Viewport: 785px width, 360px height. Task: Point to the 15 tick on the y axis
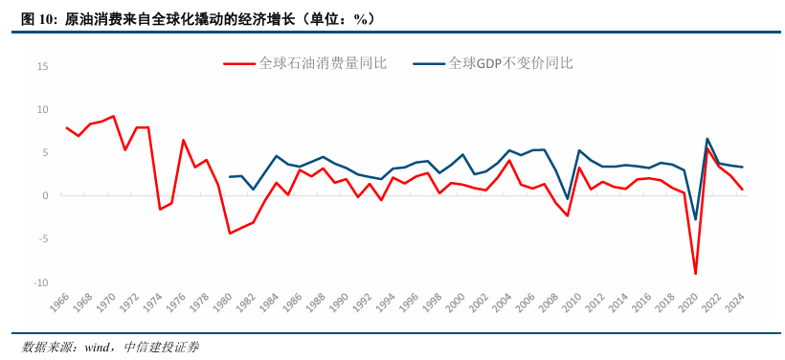pos(42,66)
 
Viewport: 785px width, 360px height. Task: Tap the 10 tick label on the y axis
pos(42,109)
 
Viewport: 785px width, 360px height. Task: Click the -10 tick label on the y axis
pos(40,283)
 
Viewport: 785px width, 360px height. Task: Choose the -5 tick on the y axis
pos(42,239)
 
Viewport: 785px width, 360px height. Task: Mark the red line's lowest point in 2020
pos(695,274)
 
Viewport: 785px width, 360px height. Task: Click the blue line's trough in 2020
pos(695,219)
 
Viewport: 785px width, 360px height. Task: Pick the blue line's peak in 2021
pos(707,139)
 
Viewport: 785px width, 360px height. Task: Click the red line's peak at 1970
pos(113,116)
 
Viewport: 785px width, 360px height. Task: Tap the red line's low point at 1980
pos(230,233)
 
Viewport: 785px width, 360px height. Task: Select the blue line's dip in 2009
pos(568,198)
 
